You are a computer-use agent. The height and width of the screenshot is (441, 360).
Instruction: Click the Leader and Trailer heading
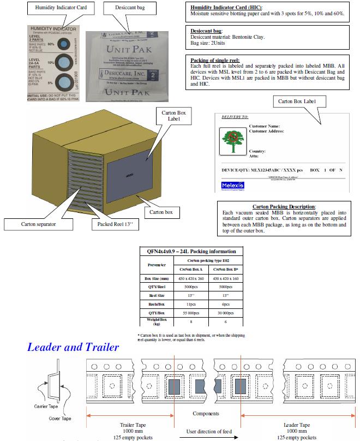click(x=73, y=347)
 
